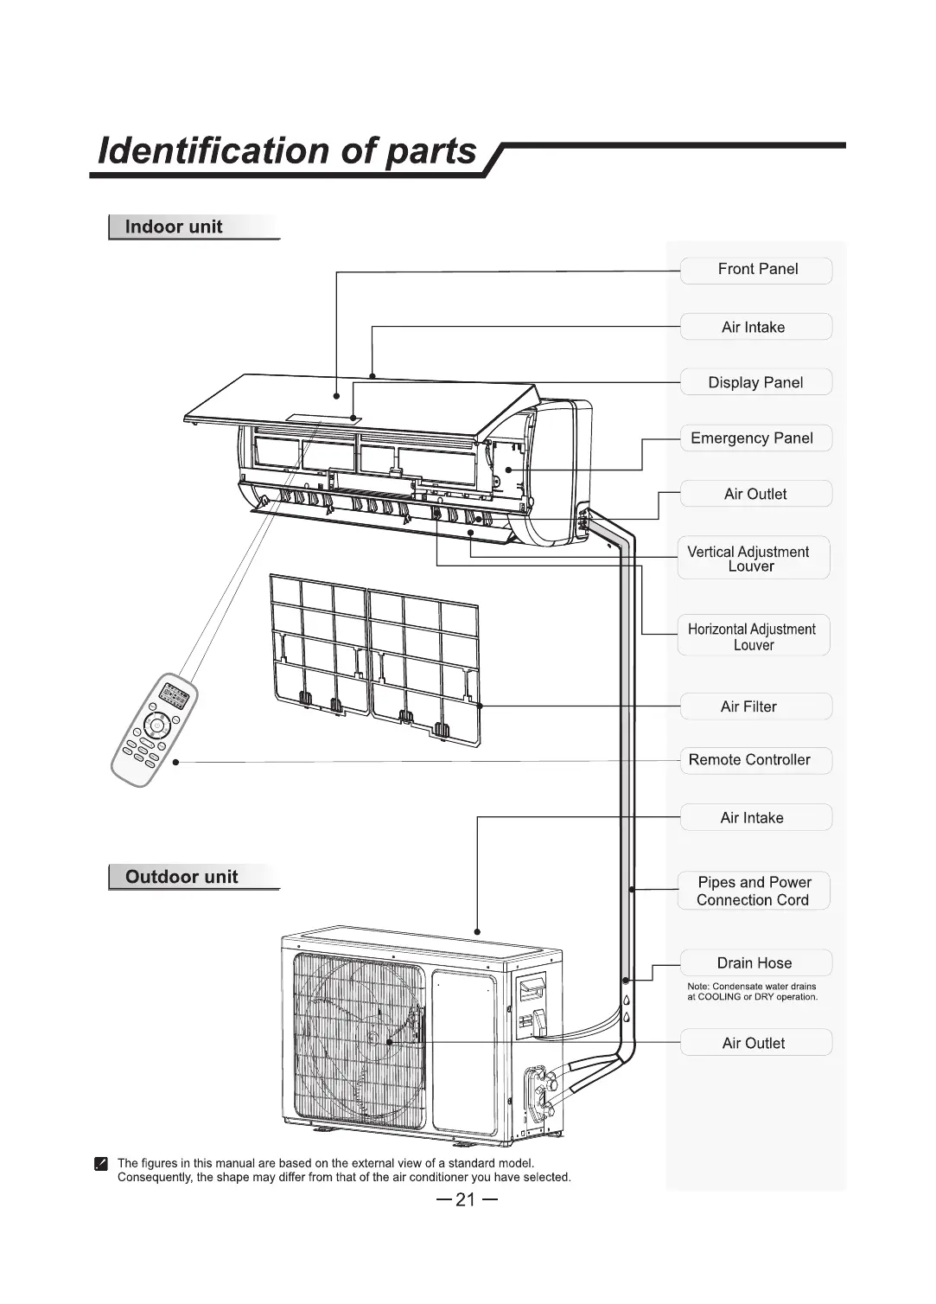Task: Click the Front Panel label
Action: coord(757,270)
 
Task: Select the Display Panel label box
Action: coord(755,382)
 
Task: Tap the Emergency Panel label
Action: coord(752,438)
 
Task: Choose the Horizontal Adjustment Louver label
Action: coord(752,636)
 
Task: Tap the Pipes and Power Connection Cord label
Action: coord(754,891)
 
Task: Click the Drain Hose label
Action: coord(754,962)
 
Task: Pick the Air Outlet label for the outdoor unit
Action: coord(754,1043)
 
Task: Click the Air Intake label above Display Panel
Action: coord(754,327)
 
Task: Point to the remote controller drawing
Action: coord(154,731)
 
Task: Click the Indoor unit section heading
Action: coord(174,227)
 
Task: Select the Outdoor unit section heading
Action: coord(181,877)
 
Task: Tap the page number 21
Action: coord(466,1199)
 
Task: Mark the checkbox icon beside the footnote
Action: coord(101,1164)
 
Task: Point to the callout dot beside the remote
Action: coord(175,763)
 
